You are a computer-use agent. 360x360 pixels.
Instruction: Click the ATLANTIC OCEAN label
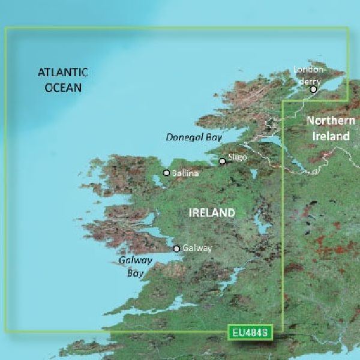coord(62,80)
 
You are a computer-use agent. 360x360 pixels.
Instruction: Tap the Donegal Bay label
coord(194,137)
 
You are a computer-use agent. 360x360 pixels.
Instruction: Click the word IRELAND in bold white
coord(211,213)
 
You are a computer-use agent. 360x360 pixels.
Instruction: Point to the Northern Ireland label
coord(328,128)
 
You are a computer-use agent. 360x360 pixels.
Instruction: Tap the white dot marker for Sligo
coord(222,161)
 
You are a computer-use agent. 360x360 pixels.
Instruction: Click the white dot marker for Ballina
coord(167,173)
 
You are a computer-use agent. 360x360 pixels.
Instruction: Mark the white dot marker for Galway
coord(176,248)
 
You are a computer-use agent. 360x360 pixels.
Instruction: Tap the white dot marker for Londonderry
coord(313,89)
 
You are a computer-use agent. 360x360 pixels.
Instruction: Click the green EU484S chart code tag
coord(247,331)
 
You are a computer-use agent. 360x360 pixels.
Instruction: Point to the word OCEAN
coord(62,88)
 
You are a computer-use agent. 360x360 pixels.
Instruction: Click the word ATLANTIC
coord(62,73)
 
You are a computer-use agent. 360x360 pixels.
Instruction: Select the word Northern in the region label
coord(328,121)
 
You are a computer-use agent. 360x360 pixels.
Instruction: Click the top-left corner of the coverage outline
coord(6,28)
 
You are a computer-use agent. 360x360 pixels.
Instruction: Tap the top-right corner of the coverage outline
coord(349,28)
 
